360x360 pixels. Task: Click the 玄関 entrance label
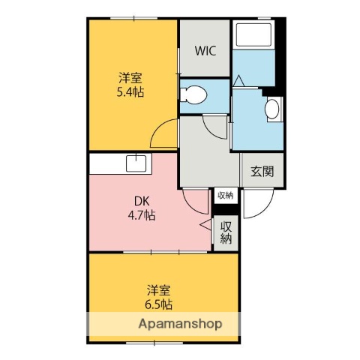pos(262,170)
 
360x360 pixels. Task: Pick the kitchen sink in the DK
pos(136,163)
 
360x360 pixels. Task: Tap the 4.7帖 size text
pos(140,215)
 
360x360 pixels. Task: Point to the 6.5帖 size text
pos(158,304)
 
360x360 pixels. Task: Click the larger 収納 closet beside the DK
pos(225,232)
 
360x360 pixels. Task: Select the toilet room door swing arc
pos(217,126)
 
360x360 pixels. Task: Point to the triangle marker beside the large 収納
pos(205,224)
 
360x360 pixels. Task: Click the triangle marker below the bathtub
pos(238,79)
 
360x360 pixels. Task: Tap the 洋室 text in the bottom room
pos(158,289)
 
